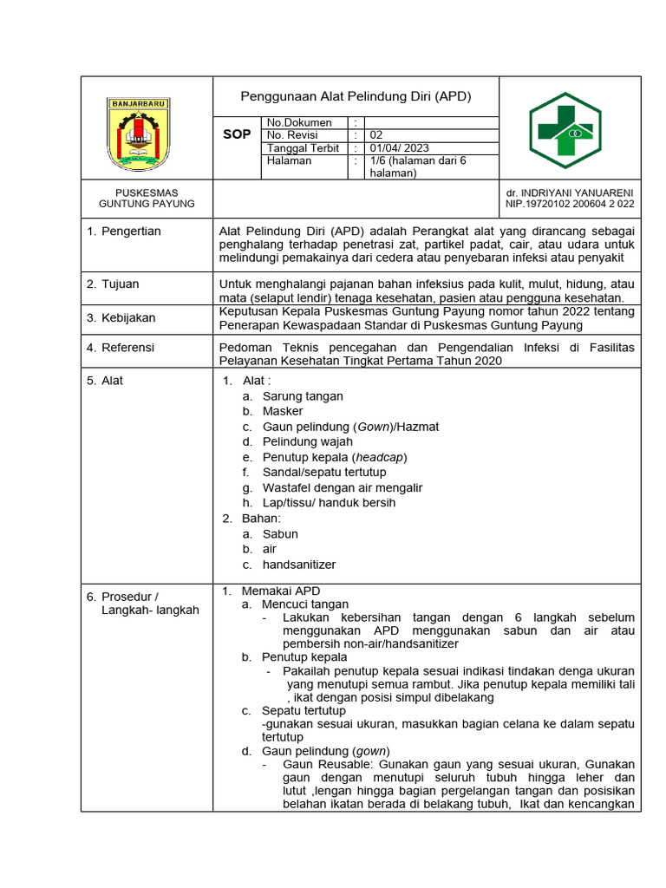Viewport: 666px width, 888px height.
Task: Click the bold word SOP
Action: pyautogui.click(x=237, y=135)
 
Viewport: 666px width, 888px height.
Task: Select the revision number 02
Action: pyautogui.click(x=376, y=135)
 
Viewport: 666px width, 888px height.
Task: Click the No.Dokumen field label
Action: pyautogui.click(x=299, y=123)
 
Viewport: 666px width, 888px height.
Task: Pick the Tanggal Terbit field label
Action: pyautogui.click(x=304, y=148)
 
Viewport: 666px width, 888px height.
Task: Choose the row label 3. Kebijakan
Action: pyautogui.click(x=121, y=317)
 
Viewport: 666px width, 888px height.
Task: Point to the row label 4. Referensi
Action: pyautogui.click(x=121, y=348)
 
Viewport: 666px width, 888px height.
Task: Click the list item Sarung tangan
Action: pyautogui.click(x=303, y=396)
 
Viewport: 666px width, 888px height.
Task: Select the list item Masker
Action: pyautogui.click(x=283, y=412)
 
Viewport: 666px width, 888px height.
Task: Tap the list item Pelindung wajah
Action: pyautogui.click(x=308, y=442)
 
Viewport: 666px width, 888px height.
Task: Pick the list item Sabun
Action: pyautogui.click(x=280, y=534)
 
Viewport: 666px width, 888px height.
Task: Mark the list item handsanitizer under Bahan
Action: pyautogui.click(x=299, y=565)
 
